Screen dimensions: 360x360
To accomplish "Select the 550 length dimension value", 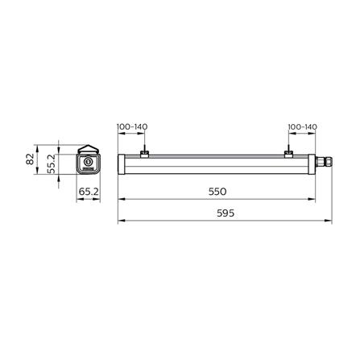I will [x=217, y=192].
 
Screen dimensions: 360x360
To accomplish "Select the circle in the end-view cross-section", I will [x=87, y=163].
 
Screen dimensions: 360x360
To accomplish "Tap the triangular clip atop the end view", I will [x=87, y=147].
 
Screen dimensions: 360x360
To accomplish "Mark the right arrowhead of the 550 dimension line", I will [x=314, y=201].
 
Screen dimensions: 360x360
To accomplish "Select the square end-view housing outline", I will [x=87, y=164].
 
